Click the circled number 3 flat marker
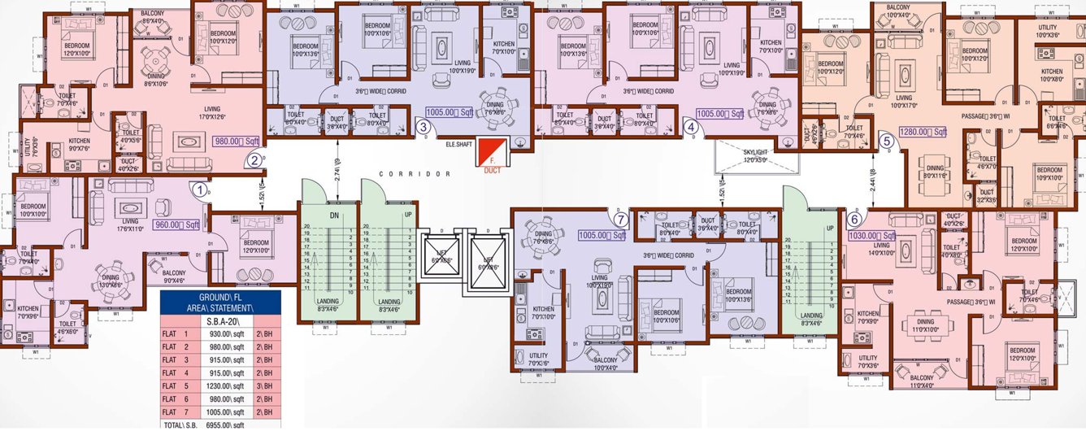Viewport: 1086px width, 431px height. pos(423,125)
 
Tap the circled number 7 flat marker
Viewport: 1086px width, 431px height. pos(621,219)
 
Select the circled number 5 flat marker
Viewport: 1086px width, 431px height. pos(887,141)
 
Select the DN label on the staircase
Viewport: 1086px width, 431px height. pos(333,215)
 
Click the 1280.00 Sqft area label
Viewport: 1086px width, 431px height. pos(923,132)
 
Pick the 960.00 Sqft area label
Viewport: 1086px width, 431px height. pos(177,224)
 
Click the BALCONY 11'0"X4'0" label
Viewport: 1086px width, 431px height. pos(921,381)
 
